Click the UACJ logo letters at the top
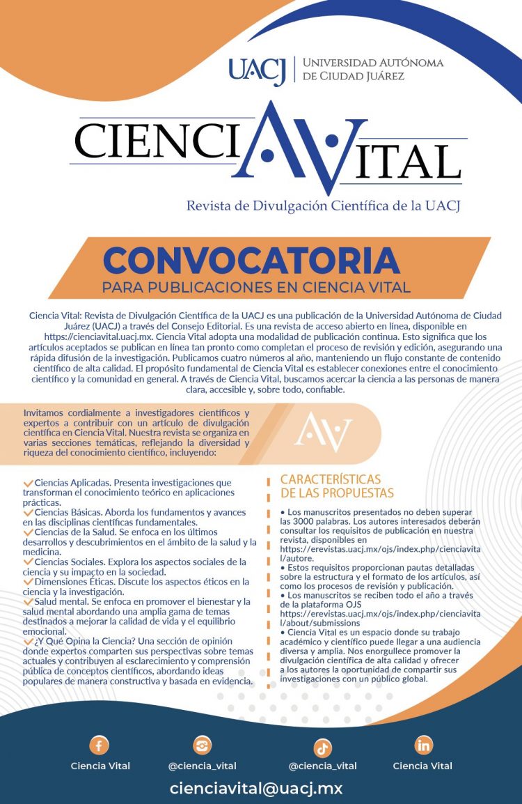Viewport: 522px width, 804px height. (x=257, y=70)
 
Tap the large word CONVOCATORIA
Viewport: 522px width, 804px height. (x=251, y=261)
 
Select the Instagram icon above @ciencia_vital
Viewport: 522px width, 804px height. (x=203, y=745)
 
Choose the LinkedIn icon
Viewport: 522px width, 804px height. (x=423, y=745)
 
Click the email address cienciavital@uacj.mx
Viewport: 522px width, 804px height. (x=256, y=789)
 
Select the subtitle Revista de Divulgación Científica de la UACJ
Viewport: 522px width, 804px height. (x=324, y=206)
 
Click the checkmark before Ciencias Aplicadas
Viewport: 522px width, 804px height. (x=28, y=482)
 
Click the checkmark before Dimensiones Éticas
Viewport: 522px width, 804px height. (x=28, y=581)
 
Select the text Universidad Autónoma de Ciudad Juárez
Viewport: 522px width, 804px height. (x=372, y=70)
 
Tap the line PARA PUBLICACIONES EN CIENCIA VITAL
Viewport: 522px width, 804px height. (x=256, y=287)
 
